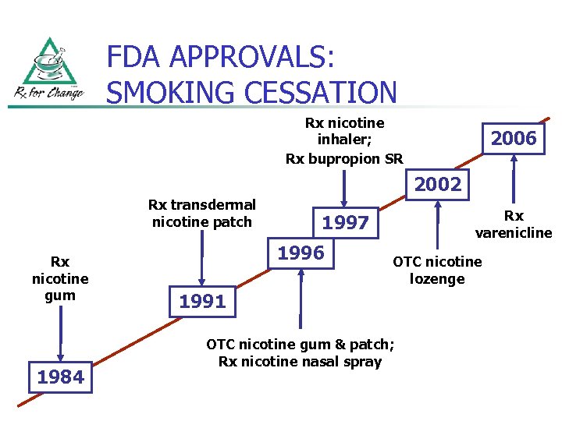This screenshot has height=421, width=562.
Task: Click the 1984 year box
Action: tap(60, 377)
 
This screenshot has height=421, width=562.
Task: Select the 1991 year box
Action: tap(202, 302)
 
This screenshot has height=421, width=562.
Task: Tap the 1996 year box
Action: tap(301, 253)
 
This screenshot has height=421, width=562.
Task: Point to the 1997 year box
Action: tap(345, 223)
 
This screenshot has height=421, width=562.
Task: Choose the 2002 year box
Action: tap(438, 186)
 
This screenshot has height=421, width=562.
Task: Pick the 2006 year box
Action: tap(514, 139)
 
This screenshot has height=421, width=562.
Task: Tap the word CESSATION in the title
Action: tap(309, 92)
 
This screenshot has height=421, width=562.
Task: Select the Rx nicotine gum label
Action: tap(60, 278)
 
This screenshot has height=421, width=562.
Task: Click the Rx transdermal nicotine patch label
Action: tap(202, 213)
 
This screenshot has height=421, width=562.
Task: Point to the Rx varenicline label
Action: tap(514, 224)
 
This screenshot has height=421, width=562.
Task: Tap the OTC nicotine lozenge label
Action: tap(437, 270)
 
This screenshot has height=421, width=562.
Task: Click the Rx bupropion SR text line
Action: tap(344, 159)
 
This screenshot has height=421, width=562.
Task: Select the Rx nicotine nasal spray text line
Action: tap(301, 361)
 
